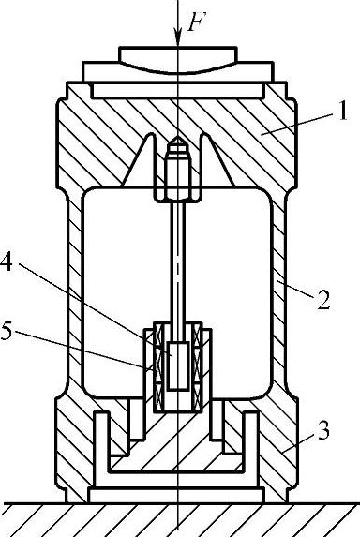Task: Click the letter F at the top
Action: tap(195, 22)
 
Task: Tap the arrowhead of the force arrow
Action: tap(178, 37)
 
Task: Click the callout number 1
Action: tap(341, 111)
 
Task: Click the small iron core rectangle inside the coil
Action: tap(178, 365)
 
